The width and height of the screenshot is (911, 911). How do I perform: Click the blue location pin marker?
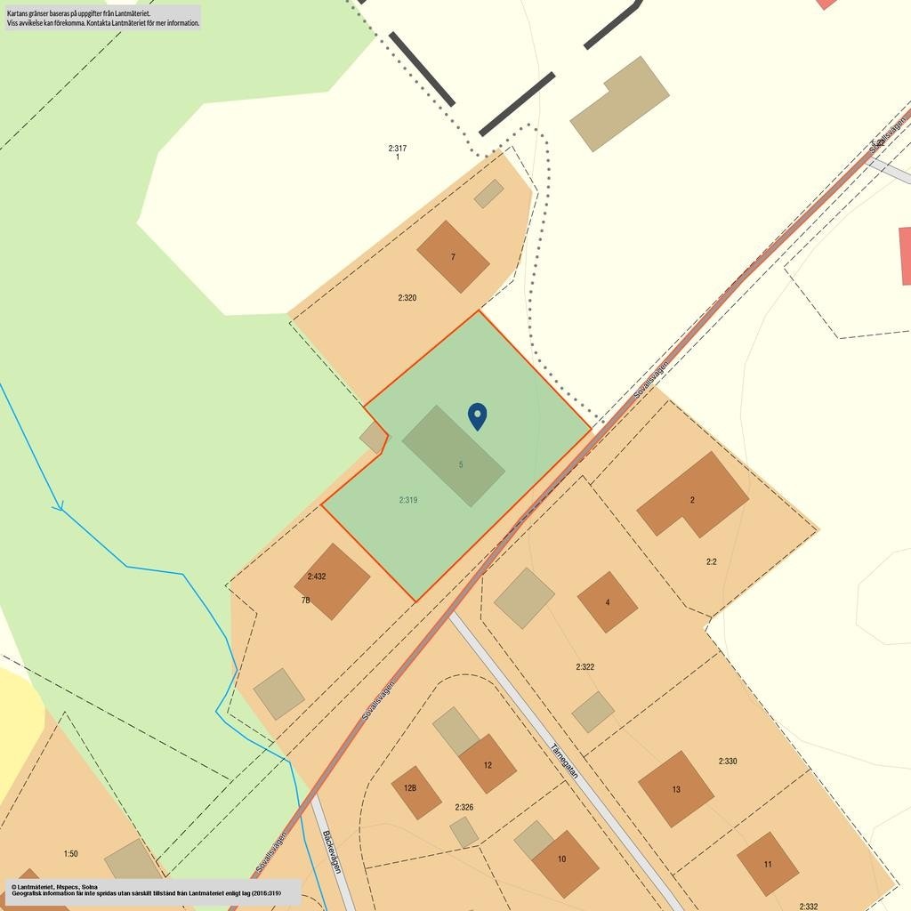pyautogui.click(x=478, y=415)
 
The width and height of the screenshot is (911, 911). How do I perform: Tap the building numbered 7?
pyautogui.click(x=453, y=256)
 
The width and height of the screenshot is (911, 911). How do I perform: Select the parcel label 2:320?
pyautogui.click(x=407, y=298)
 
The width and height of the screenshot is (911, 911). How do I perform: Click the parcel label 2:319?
pyautogui.click(x=408, y=500)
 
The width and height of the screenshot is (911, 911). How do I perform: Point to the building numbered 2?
pyautogui.click(x=692, y=496)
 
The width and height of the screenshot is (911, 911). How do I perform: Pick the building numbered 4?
pyautogui.click(x=608, y=602)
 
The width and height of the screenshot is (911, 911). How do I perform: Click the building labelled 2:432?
pyautogui.click(x=332, y=581)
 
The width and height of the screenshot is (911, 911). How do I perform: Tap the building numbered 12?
pyautogui.click(x=488, y=764)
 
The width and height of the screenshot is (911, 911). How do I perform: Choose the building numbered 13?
pyautogui.click(x=676, y=789)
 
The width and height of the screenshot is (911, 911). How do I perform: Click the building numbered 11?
pyautogui.click(x=768, y=864)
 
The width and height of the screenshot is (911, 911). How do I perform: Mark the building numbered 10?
pyautogui.click(x=565, y=863)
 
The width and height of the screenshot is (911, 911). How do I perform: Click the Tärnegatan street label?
pyautogui.click(x=565, y=761)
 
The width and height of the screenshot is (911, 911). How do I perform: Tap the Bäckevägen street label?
pyautogui.click(x=332, y=851)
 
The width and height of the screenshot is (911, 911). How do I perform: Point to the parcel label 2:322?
pyautogui.click(x=584, y=666)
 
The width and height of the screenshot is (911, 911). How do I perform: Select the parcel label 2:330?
pyautogui.click(x=728, y=762)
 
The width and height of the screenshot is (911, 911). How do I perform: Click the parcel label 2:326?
pyautogui.click(x=464, y=807)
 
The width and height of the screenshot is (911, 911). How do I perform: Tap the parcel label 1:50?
pyautogui.click(x=70, y=854)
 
